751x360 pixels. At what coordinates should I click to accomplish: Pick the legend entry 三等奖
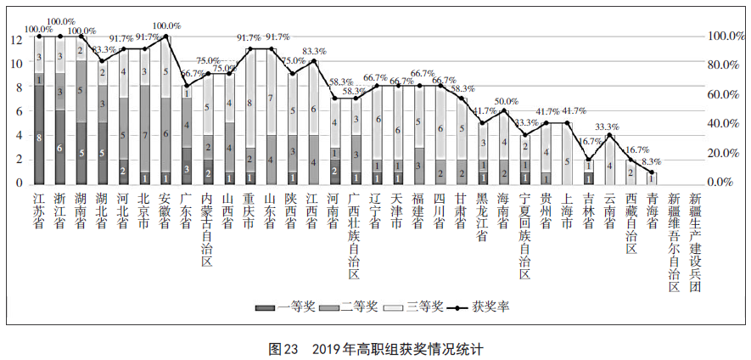(x=416, y=307)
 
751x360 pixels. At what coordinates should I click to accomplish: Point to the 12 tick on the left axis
(x=16, y=39)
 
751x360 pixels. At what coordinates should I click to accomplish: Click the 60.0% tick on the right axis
(x=725, y=95)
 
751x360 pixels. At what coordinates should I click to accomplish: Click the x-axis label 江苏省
(x=39, y=210)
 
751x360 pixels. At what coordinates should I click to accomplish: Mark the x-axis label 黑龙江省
(x=482, y=216)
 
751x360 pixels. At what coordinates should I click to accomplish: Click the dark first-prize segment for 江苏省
(x=39, y=135)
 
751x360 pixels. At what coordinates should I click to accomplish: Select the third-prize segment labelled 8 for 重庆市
(x=249, y=103)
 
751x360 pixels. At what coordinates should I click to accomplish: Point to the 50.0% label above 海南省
(x=506, y=101)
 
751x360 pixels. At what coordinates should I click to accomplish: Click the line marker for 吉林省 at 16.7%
(x=589, y=159)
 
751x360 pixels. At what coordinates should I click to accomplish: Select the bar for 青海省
(x=652, y=178)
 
